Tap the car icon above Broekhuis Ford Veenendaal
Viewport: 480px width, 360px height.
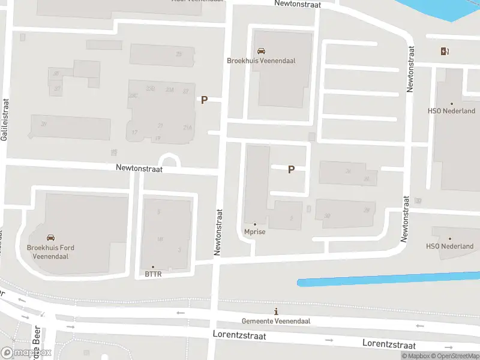50,237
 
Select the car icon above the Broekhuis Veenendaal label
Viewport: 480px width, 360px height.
261,51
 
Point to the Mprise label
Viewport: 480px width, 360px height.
255,232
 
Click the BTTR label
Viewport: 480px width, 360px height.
153,274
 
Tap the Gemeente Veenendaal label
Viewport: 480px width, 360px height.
276,321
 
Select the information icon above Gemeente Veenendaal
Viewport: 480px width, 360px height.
276,311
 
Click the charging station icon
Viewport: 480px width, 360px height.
445,51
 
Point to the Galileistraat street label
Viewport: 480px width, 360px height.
5,120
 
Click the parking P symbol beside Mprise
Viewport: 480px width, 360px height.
291,170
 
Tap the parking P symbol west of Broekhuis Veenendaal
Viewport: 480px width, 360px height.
204,100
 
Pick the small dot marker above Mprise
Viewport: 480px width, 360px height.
255,224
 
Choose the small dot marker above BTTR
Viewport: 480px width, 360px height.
153,267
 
